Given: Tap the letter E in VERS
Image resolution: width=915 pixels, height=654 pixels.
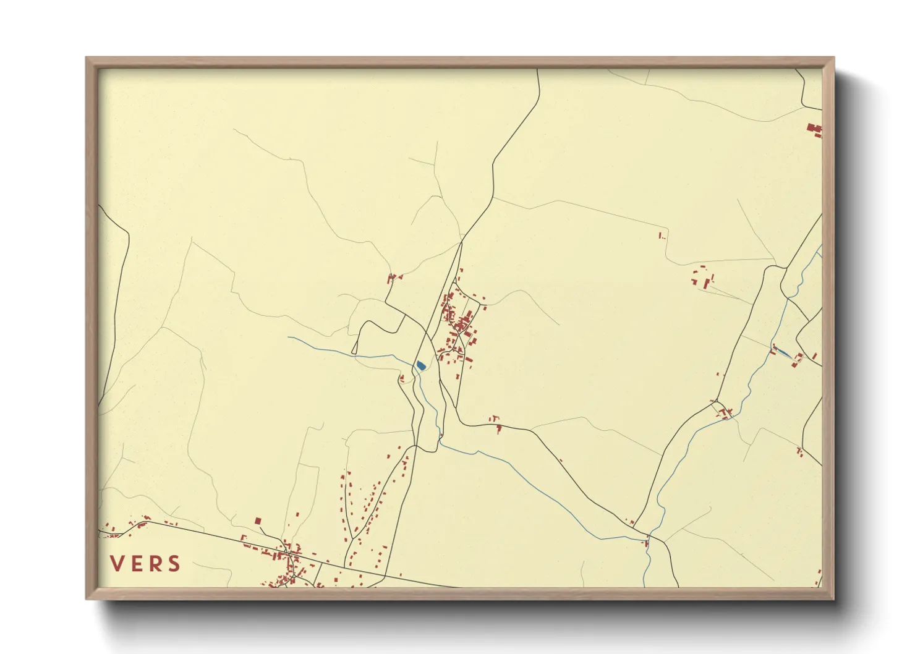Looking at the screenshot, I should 136,563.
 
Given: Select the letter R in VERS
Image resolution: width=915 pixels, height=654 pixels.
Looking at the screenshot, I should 155,563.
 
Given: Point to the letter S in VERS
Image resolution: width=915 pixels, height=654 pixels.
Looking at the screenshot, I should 174,563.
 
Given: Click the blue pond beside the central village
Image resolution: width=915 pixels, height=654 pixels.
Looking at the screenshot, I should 420,365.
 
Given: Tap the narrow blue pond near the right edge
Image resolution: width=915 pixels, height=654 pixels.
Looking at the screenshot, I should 782,352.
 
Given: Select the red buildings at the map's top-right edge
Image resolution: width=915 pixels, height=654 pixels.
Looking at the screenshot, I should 814,129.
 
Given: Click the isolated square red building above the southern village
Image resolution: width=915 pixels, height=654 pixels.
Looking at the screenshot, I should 258,521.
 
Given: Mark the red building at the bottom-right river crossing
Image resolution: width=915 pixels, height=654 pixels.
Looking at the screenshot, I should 647,543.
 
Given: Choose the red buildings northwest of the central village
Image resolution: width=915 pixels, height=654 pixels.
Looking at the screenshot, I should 391,278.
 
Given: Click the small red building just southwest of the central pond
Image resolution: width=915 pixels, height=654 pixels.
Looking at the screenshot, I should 402,378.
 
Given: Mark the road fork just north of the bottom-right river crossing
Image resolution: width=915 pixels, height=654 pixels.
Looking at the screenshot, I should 650,532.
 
